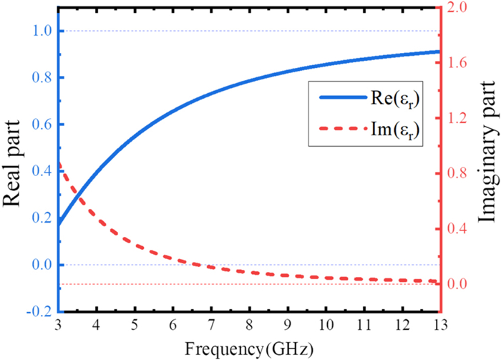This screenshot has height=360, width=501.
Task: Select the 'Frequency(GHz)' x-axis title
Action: tap(249, 349)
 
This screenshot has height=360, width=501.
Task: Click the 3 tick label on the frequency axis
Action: tap(59, 327)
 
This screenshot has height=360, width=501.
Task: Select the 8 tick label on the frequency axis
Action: tap(249, 327)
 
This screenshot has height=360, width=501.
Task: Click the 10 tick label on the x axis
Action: tap(325, 327)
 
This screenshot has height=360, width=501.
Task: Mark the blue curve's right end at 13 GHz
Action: tap(437, 52)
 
